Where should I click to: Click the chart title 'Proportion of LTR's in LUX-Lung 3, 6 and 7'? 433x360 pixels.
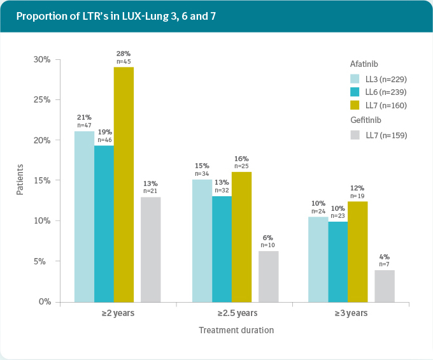click(116, 16)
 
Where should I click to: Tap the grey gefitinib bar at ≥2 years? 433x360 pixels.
click(151, 249)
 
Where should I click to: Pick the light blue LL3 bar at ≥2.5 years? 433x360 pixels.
click(202, 240)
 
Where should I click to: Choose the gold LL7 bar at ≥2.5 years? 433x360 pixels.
click(241, 236)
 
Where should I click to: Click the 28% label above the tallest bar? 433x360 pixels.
click(124, 54)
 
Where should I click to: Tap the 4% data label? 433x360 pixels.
click(385, 257)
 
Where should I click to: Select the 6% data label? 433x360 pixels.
click(268, 238)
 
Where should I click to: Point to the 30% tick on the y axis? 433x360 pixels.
click(42, 59)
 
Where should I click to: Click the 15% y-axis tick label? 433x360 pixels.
click(42, 180)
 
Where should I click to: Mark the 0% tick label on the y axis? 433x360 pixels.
click(44, 301)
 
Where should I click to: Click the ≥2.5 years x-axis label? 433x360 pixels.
click(237, 313)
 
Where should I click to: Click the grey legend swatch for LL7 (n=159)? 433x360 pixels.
click(355, 135)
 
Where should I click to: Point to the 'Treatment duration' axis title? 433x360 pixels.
click(236, 330)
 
